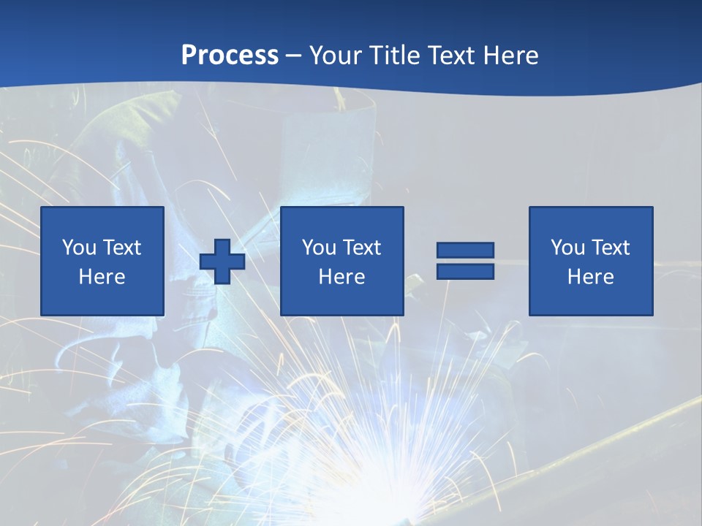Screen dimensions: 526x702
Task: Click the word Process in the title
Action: [x=230, y=56]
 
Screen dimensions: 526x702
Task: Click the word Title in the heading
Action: [x=390, y=56]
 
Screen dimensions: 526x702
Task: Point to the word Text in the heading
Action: [x=448, y=56]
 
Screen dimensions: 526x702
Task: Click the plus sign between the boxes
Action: [x=222, y=262]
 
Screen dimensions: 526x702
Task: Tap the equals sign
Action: [x=465, y=261]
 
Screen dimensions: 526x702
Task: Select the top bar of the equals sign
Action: [x=465, y=251]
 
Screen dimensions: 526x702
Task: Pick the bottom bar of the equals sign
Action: [x=465, y=271]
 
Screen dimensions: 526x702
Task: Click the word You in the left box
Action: [x=79, y=248]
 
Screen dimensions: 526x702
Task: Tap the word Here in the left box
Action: [x=102, y=277]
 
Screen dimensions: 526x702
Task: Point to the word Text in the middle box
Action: [x=361, y=248]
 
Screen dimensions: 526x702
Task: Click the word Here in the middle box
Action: [x=342, y=277]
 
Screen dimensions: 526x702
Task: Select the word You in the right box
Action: [x=567, y=248]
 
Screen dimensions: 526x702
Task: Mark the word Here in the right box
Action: [x=591, y=277]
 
